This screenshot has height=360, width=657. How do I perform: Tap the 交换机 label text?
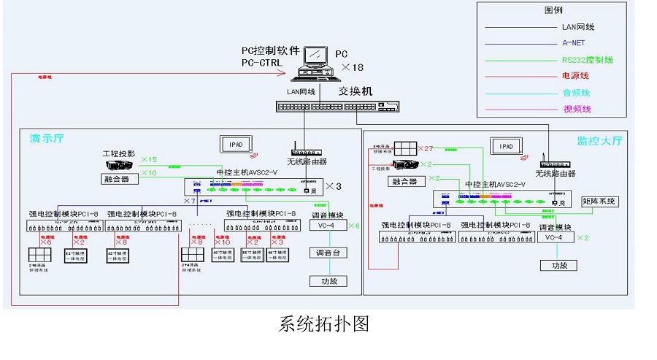pos(355,91)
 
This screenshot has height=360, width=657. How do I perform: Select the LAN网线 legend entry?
pos(577,27)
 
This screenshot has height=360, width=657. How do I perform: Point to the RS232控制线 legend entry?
pos(587,60)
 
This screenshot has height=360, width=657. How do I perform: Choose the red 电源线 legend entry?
pos(575,76)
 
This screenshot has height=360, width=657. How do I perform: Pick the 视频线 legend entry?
pos(576,109)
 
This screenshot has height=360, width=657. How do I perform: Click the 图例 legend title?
pos(553,10)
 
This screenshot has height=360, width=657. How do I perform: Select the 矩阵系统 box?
pos(600,201)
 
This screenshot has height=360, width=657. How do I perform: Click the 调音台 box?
pos(328,253)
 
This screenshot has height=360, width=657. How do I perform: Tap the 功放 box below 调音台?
pos(328,281)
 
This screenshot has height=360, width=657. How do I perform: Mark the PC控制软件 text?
pos(271,51)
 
